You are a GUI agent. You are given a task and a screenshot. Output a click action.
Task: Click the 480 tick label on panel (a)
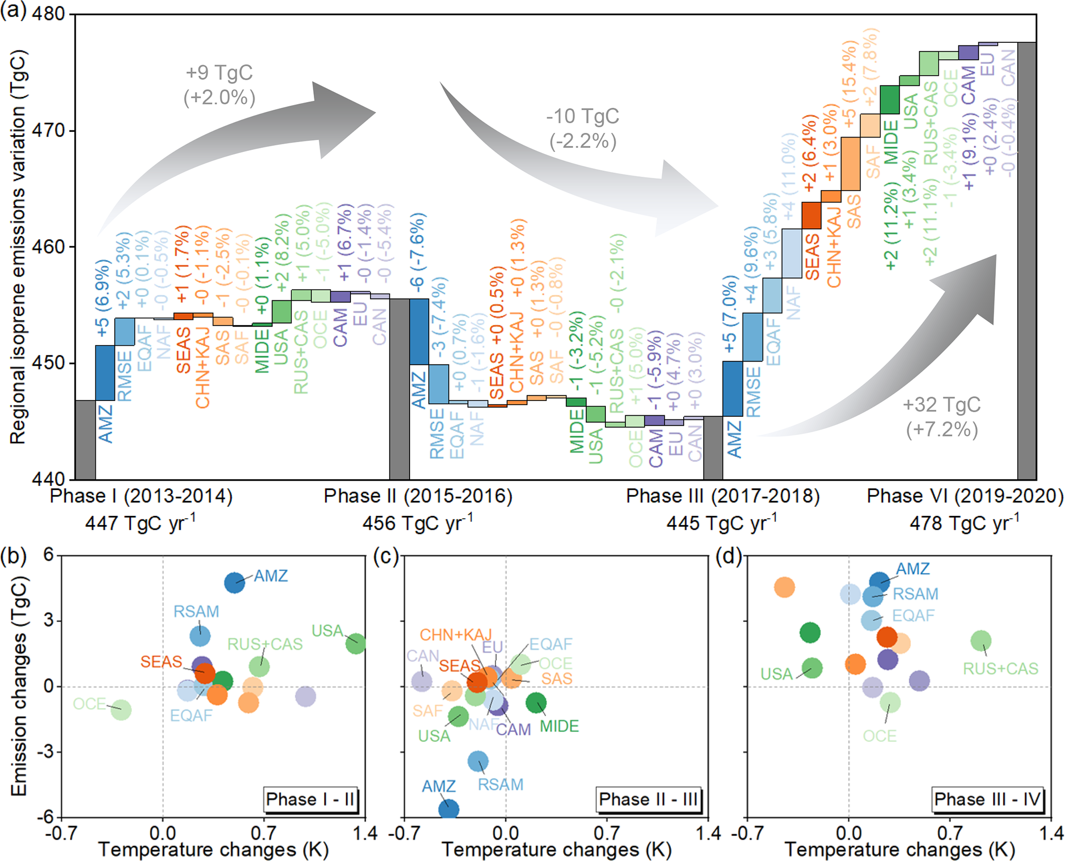point(48,13)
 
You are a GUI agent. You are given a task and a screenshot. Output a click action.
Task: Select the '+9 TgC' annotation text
point(219,73)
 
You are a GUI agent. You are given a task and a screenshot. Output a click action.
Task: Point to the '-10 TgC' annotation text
point(583,116)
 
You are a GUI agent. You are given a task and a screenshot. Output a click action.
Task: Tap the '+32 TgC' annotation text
point(942,405)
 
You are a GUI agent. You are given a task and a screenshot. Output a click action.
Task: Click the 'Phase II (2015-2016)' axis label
point(418,496)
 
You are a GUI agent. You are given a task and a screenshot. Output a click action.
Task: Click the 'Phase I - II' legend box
point(310,799)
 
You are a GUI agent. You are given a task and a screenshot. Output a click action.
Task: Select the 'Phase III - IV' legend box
point(988,799)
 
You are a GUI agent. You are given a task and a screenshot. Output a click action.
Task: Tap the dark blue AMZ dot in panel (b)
point(234,583)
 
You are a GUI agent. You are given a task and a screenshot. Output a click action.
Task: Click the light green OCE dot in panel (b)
point(121,710)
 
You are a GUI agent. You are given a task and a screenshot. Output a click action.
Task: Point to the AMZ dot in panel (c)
point(448,809)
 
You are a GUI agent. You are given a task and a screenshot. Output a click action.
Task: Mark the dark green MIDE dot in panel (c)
point(536,702)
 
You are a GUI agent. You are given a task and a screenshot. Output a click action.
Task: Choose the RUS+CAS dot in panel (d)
point(981,641)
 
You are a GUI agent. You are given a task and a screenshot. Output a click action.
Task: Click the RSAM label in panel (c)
point(500,784)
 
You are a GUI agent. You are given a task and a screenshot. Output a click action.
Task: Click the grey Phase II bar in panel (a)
point(399,389)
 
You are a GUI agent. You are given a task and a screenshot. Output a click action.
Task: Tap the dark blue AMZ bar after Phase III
point(733,389)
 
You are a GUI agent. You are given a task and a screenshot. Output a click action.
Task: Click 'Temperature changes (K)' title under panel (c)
point(556,850)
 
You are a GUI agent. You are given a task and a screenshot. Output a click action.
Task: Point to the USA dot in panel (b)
point(356,643)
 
